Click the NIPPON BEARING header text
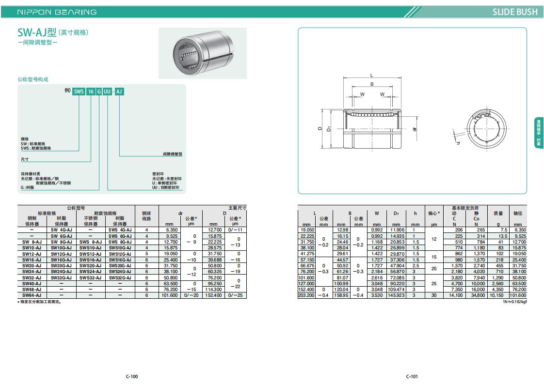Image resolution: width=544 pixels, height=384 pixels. pos(57,12)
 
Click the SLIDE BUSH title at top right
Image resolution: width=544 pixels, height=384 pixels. pos(515,12)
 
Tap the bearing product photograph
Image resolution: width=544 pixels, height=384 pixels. pos(203,53)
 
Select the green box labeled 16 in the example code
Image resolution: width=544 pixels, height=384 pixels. pos(91,92)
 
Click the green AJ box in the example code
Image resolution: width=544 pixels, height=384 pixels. pos(119,92)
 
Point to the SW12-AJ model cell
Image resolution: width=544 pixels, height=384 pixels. pos(32,254)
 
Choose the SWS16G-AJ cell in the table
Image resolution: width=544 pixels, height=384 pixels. pos(120,260)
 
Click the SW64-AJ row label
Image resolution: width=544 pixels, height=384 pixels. pos(32,295)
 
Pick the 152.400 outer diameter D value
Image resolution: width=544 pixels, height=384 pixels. pos(213,295)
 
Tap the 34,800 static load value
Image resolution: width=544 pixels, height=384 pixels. pos(478,295)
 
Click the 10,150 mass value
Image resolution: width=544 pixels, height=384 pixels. pos(496,295)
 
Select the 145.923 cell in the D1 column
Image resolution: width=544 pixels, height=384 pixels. pos(396,295)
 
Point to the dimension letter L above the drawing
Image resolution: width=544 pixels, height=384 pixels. pos(371,75)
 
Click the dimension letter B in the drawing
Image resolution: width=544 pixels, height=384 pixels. pos(372,84)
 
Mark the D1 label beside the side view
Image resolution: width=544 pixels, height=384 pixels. pos(329,129)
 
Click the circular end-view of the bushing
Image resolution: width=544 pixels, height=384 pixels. pos(487,129)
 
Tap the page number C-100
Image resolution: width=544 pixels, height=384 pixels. pos(132,376)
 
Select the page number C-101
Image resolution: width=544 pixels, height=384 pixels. pos(412,376)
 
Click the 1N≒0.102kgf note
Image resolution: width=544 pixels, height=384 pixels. pos(515,302)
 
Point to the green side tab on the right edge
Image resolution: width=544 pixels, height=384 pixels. pos(539,133)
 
